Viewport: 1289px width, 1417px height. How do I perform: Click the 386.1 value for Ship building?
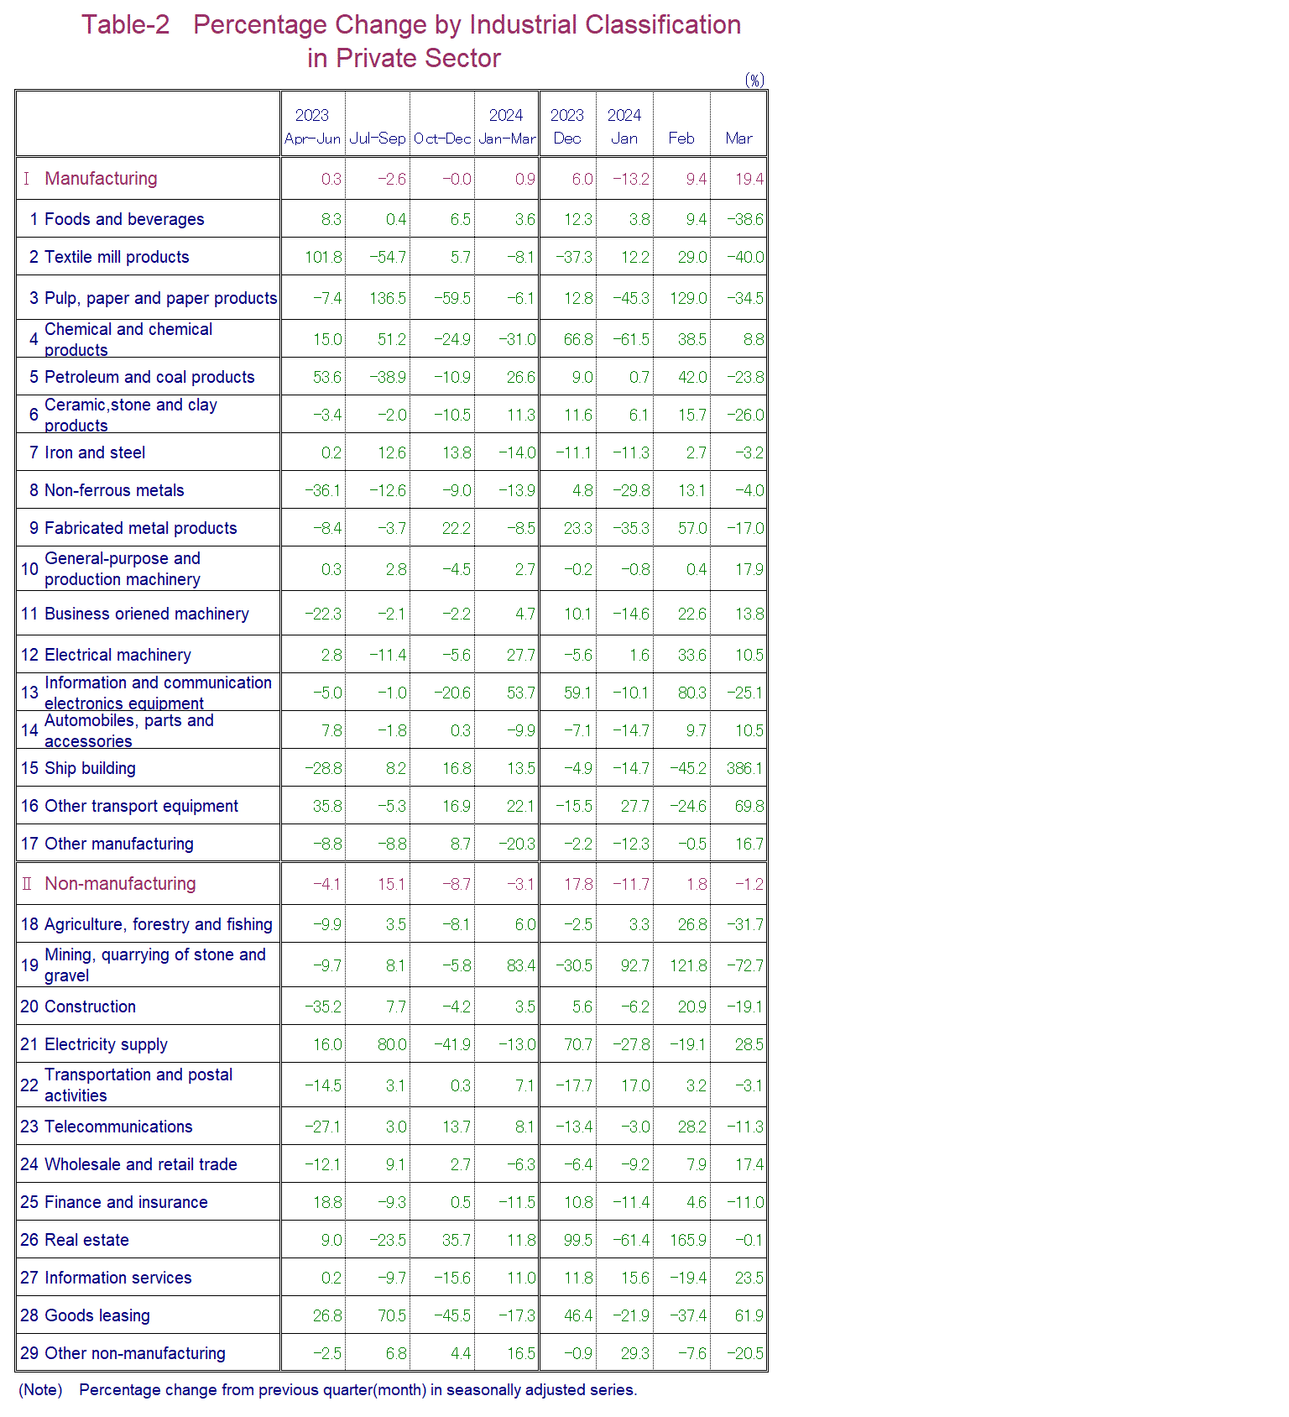(744, 768)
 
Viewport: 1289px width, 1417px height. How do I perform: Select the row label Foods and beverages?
(123, 219)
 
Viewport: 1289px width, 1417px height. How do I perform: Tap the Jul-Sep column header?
(378, 139)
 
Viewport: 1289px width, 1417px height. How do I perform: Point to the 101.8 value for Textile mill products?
(323, 257)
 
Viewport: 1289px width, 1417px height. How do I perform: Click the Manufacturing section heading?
(101, 178)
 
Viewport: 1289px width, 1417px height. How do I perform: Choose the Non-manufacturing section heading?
(120, 883)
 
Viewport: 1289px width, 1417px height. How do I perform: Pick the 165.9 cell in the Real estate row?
(688, 1240)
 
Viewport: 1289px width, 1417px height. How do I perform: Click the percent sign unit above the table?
(754, 80)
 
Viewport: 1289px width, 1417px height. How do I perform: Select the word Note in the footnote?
(40, 1389)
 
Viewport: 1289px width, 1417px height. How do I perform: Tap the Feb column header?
(681, 139)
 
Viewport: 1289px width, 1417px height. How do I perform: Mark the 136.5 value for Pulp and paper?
(388, 298)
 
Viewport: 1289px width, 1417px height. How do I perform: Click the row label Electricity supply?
(106, 1044)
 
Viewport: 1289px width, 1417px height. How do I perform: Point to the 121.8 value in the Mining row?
(688, 965)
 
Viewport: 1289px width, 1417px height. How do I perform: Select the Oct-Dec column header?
(442, 139)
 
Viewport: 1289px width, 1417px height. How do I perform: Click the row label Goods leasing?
(97, 1315)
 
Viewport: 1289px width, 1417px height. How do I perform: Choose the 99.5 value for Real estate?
(578, 1240)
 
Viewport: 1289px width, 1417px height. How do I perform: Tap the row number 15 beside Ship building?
(29, 768)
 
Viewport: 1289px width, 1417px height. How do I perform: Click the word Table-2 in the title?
(125, 25)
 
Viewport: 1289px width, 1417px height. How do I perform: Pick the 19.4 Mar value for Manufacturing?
(749, 179)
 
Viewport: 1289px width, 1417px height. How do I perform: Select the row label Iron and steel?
(95, 452)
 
